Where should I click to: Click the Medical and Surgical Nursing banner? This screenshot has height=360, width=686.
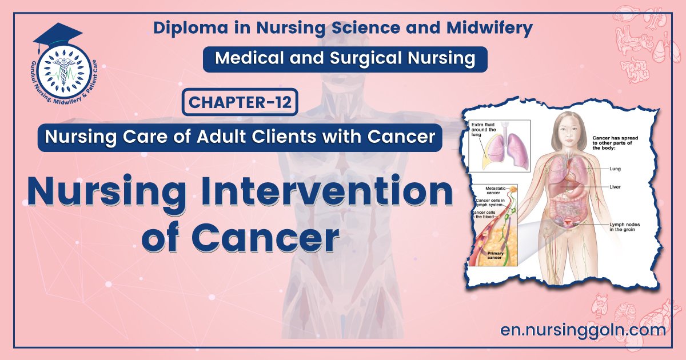(x=345, y=58)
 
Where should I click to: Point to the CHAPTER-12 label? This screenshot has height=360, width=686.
(x=241, y=103)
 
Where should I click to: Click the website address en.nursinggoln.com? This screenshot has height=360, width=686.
(x=583, y=330)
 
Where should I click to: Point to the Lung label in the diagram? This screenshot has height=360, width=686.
(x=615, y=169)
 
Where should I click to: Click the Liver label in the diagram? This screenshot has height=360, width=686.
(x=615, y=187)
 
